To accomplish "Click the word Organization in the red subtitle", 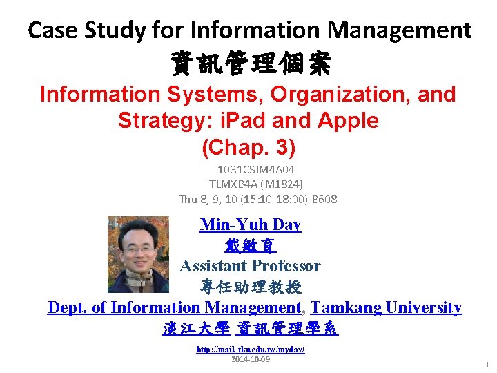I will coord(333,94).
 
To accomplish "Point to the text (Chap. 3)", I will coord(248,146).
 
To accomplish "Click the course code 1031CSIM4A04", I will coord(255,169).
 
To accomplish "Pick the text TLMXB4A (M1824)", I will coord(256,184).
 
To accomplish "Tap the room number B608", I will coord(322,199).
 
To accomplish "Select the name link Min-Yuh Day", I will coord(250,224).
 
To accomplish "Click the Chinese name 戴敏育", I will coord(250,245).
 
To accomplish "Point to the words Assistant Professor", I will coord(250,266).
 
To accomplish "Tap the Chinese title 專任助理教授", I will coord(250,287).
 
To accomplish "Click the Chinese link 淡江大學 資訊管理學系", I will coord(250,329).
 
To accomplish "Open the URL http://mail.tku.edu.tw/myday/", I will coord(251,350).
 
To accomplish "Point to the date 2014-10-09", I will coord(251,360).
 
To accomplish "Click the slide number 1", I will coord(487,364).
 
